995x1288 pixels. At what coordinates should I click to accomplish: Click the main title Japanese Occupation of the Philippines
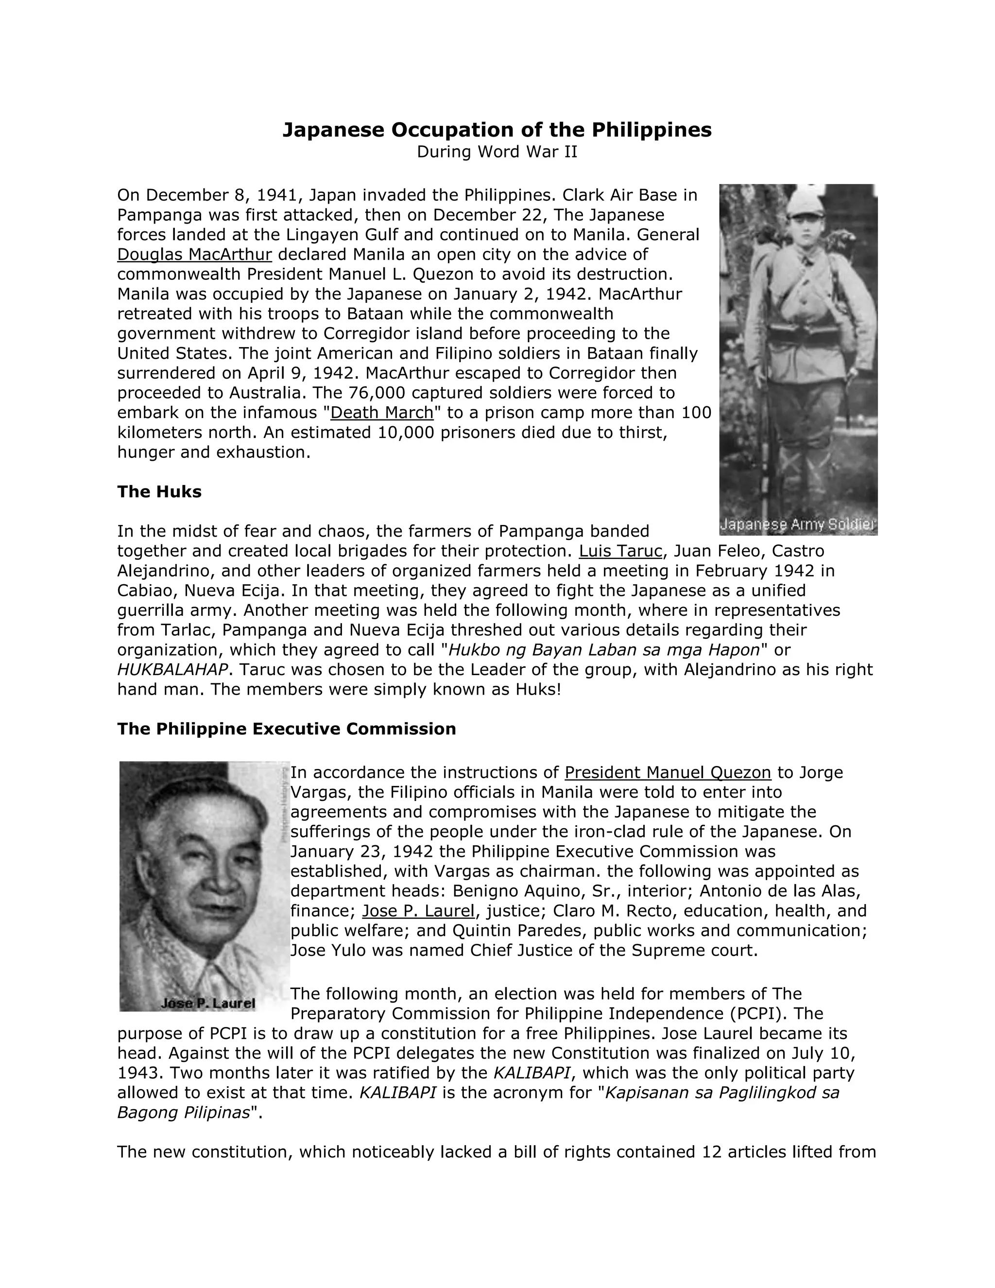tap(497, 130)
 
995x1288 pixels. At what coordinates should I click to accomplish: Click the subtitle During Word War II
tap(497, 152)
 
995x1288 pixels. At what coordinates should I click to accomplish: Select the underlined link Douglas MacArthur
tap(194, 255)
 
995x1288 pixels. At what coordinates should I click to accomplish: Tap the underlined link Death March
tap(381, 413)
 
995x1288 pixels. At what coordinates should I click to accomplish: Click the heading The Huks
tap(159, 492)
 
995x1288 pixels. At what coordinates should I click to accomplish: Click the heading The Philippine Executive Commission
tap(287, 729)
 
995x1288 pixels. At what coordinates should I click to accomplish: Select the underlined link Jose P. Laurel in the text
tap(418, 911)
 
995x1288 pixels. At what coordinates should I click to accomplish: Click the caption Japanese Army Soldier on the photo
tap(798, 525)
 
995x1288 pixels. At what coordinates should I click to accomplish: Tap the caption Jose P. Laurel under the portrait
tap(208, 1003)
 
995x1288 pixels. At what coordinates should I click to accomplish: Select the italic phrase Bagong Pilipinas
tap(183, 1113)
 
